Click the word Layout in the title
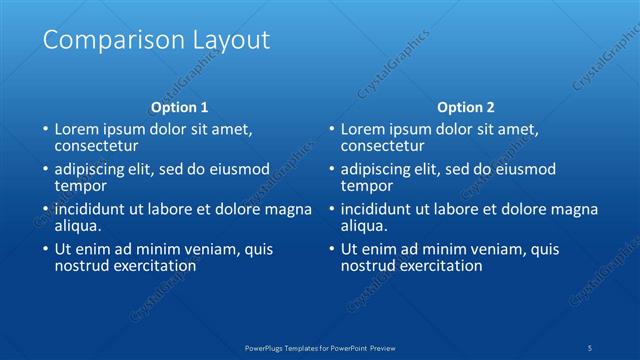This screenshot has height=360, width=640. (232, 41)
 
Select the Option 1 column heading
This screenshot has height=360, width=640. (180, 107)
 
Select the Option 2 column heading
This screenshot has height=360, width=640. (466, 107)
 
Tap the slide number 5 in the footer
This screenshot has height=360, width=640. (591, 347)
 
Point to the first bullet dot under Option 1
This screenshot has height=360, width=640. (44, 130)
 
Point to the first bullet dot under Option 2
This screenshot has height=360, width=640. (330, 130)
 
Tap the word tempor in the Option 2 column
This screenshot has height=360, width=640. (365, 186)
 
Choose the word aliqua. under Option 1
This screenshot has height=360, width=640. (78, 226)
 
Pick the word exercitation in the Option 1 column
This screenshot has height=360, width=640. (154, 266)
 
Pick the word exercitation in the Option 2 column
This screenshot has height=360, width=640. (440, 266)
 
